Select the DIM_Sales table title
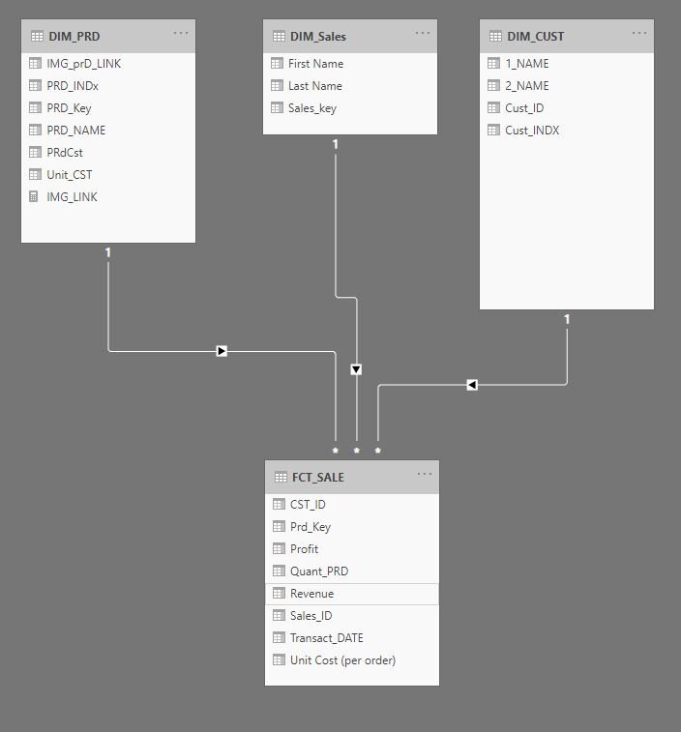(317, 37)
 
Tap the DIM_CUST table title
(535, 37)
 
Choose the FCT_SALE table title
(317, 477)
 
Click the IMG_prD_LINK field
(83, 64)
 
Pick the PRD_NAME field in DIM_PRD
(75, 131)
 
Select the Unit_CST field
(69, 175)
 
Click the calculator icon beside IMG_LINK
(37, 197)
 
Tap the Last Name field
(314, 86)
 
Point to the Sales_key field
(311, 108)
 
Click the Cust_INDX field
(532, 131)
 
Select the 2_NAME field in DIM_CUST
(526, 86)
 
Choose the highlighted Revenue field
(311, 594)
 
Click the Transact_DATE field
(326, 638)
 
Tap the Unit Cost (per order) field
(342, 660)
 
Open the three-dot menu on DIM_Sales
(423, 33)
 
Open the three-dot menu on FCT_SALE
(424, 473)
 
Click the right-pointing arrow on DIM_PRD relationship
(222, 351)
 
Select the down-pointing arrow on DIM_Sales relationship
(356, 369)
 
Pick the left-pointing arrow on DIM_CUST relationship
(472, 385)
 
